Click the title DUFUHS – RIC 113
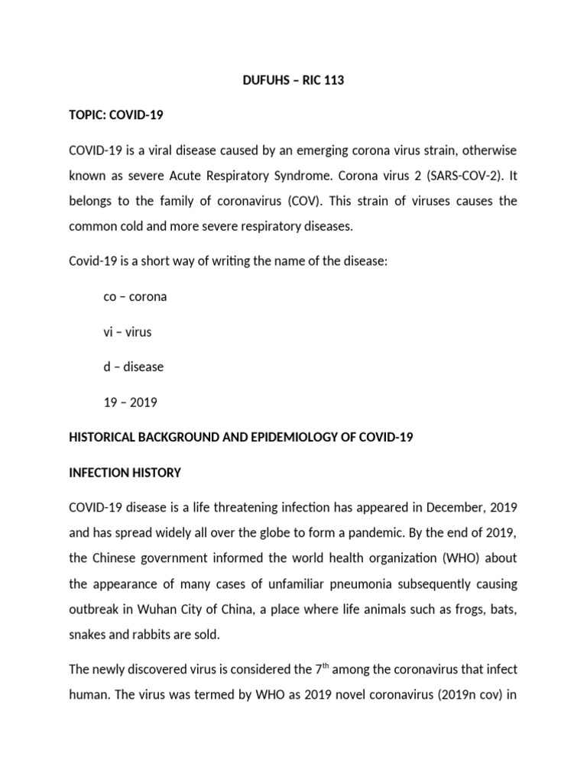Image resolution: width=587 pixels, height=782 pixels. (293, 81)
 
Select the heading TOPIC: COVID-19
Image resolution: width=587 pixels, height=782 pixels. (116, 115)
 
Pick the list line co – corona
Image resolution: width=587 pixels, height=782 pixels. (135, 296)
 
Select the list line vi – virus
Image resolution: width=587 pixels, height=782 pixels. (127, 331)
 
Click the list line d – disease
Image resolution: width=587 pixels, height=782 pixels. (133, 367)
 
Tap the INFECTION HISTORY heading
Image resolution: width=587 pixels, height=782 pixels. (125, 473)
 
